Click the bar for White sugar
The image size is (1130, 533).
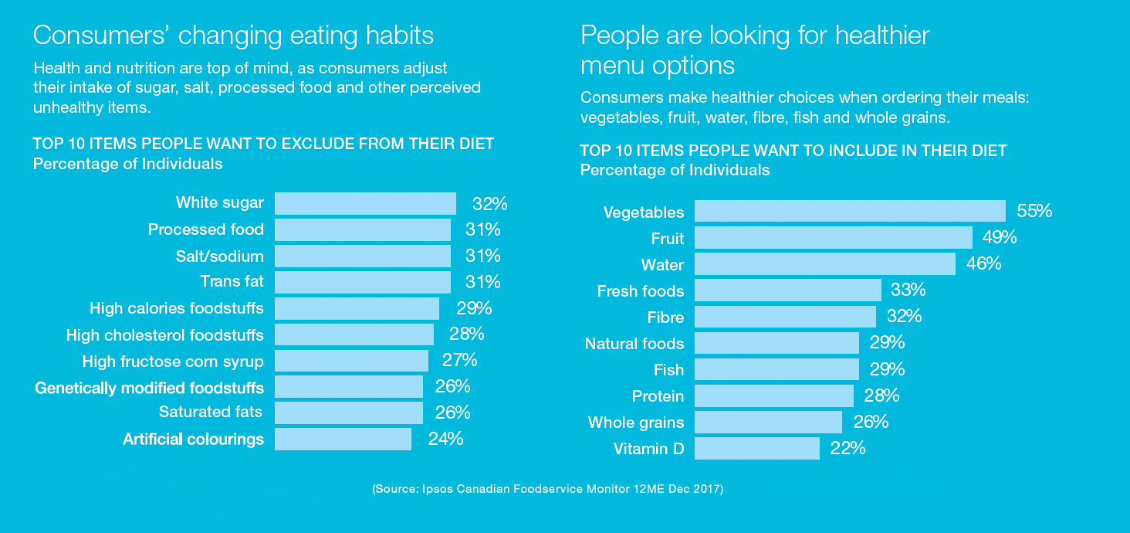(x=365, y=203)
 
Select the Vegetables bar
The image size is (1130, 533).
(x=850, y=211)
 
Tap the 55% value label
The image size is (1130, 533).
(x=1034, y=211)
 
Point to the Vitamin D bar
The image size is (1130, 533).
(x=756, y=448)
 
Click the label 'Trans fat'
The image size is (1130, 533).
(x=232, y=282)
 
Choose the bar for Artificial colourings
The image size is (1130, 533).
(x=343, y=440)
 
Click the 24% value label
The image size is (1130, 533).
(x=445, y=439)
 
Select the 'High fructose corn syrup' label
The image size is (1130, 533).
(x=173, y=361)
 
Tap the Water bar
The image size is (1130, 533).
(x=824, y=264)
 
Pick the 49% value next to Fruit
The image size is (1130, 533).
(x=999, y=237)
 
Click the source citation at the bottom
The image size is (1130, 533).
(x=547, y=489)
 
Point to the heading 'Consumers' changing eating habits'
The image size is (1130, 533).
(x=233, y=36)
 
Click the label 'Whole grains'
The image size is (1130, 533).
(x=636, y=423)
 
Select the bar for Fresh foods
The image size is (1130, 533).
(x=787, y=290)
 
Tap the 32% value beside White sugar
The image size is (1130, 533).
(x=489, y=204)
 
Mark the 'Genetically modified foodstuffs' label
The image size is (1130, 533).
(x=149, y=387)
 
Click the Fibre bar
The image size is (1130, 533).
(x=785, y=317)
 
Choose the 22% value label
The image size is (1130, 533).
(x=847, y=448)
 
